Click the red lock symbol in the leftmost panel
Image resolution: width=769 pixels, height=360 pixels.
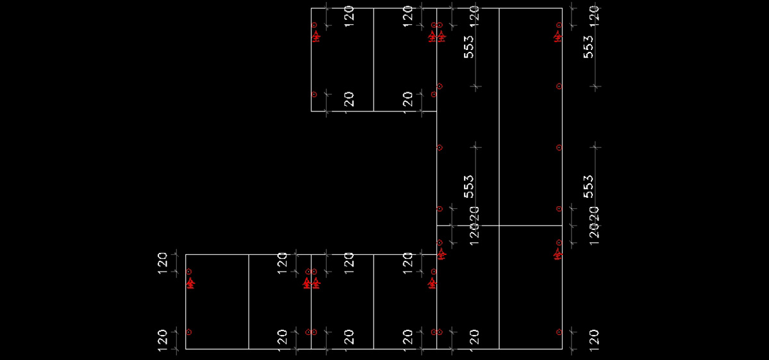click(190, 282)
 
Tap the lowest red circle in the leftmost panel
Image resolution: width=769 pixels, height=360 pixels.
click(189, 332)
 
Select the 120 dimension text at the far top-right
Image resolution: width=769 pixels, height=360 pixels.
click(593, 14)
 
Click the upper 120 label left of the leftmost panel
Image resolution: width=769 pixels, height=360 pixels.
click(162, 263)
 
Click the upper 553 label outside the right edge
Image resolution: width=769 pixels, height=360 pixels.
click(588, 47)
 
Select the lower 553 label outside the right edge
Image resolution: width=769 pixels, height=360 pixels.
click(588, 186)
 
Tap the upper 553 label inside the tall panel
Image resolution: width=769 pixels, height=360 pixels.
click(469, 47)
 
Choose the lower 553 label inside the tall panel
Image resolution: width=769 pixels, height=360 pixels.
click(469, 186)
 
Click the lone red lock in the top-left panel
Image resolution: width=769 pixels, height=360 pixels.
click(316, 37)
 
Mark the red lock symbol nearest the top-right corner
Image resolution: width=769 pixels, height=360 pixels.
click(559, 37)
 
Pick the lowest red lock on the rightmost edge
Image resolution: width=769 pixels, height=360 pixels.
click(559, 254)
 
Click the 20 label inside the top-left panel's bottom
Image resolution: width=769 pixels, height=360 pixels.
click(349, 99)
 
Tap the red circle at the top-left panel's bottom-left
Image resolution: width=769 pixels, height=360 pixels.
click(314, 94)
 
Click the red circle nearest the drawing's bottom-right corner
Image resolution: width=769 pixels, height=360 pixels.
click(559, 332)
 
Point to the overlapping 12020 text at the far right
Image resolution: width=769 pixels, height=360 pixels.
click(593, 225)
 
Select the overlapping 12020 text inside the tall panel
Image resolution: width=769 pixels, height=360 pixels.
click(474, 225)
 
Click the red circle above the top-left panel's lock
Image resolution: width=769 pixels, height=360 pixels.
click(314, 25)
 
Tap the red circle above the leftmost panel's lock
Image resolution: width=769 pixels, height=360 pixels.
click(189, 272)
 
